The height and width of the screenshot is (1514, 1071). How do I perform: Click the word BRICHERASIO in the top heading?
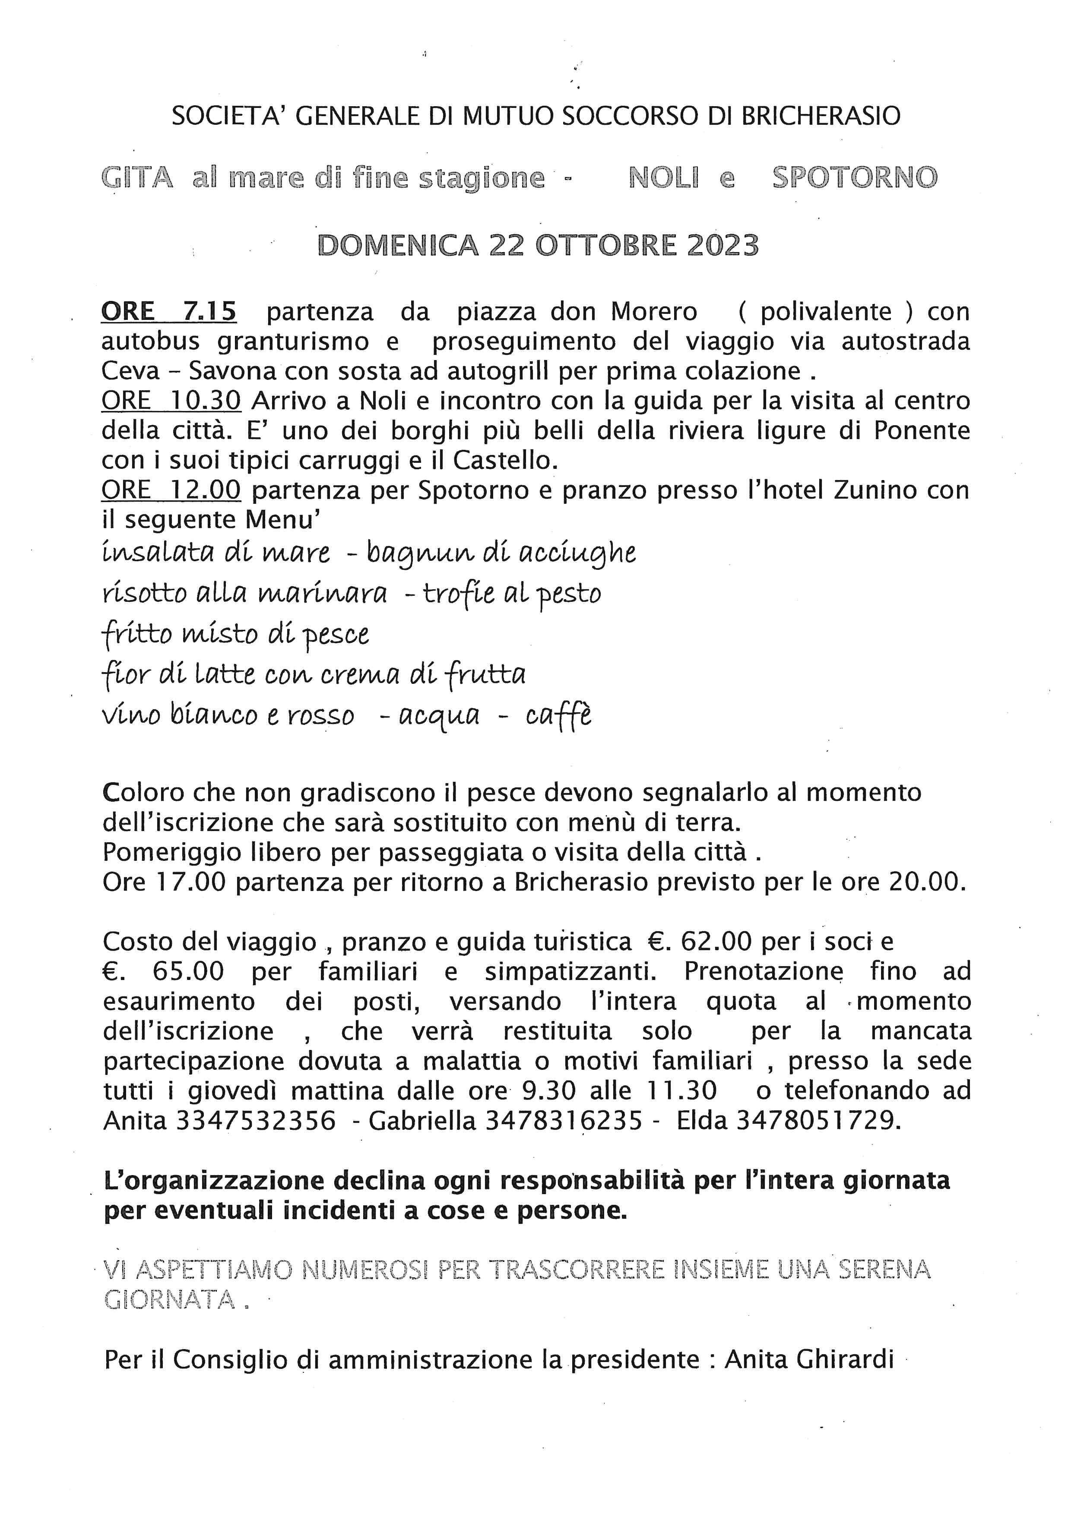(821, 116)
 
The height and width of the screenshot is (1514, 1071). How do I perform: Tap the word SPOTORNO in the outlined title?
(855, 178)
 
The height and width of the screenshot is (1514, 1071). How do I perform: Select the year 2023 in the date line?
(723, 245)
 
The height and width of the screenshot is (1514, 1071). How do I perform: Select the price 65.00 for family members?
(188, 971)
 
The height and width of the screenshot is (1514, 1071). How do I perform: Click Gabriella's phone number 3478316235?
(564, 1120)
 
